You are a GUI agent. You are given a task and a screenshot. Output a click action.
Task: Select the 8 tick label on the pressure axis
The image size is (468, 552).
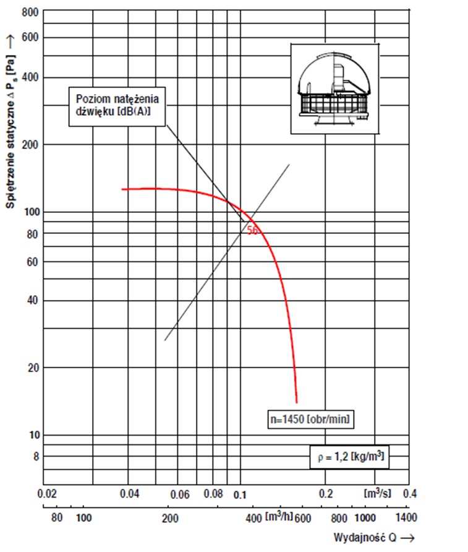[x=36, y=457]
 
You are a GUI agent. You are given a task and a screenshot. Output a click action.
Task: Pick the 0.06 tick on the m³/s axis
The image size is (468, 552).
[x=179, y=494]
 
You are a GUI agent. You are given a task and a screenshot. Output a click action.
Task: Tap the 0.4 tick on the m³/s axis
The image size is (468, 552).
[x=410, y=494]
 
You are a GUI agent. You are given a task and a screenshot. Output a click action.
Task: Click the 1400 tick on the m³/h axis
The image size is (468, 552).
[x=406, y=517]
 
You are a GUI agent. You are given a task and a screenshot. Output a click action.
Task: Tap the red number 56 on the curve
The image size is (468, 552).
[x=252, y=230]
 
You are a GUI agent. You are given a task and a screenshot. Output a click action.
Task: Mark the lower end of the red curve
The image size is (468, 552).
[x=297, y=401]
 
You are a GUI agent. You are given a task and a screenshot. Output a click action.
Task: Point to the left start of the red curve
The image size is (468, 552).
[x=122, y=189]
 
